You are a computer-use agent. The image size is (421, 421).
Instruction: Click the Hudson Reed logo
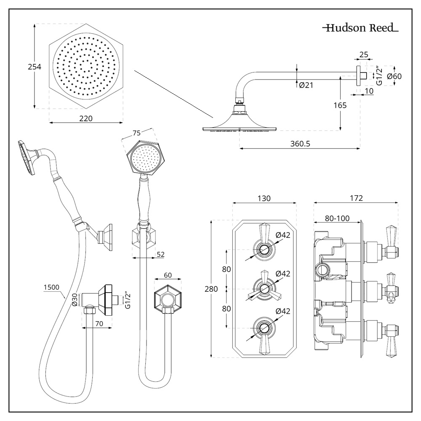360,29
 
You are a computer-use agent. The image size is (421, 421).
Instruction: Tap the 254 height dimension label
35,67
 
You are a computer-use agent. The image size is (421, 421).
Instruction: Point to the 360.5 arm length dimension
300,144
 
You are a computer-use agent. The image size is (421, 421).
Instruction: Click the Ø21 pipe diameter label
306,85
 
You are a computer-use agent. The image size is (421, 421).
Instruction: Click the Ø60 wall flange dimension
394,76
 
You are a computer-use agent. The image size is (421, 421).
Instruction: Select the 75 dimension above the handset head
137,133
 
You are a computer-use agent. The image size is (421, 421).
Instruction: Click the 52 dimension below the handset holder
160,254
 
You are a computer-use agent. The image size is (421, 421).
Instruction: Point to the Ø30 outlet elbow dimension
74,299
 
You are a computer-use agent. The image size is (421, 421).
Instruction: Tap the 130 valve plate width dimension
264,198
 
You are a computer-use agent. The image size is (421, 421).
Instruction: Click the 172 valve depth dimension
356,198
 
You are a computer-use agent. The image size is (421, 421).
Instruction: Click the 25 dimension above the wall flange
364,54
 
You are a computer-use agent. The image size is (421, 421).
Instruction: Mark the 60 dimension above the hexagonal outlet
168,275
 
